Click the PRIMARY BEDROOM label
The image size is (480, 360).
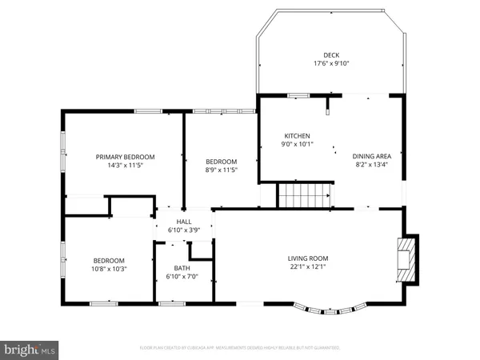point(126,157)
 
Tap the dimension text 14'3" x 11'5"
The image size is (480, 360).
point(126,166)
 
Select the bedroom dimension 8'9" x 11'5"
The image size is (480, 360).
point(222,170)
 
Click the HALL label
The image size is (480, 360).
point(184,221)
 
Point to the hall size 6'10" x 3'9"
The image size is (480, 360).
point(184,230)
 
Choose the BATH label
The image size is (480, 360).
point(183,268)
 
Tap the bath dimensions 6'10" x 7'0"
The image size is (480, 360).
point(183,277)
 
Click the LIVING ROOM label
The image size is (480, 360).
point(308,258)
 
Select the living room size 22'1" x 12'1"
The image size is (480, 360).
point(308,266)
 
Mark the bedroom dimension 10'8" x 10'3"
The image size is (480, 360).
point(109,269)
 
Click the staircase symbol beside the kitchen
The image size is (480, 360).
point(304,194)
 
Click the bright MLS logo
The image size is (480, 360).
point(30,349)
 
